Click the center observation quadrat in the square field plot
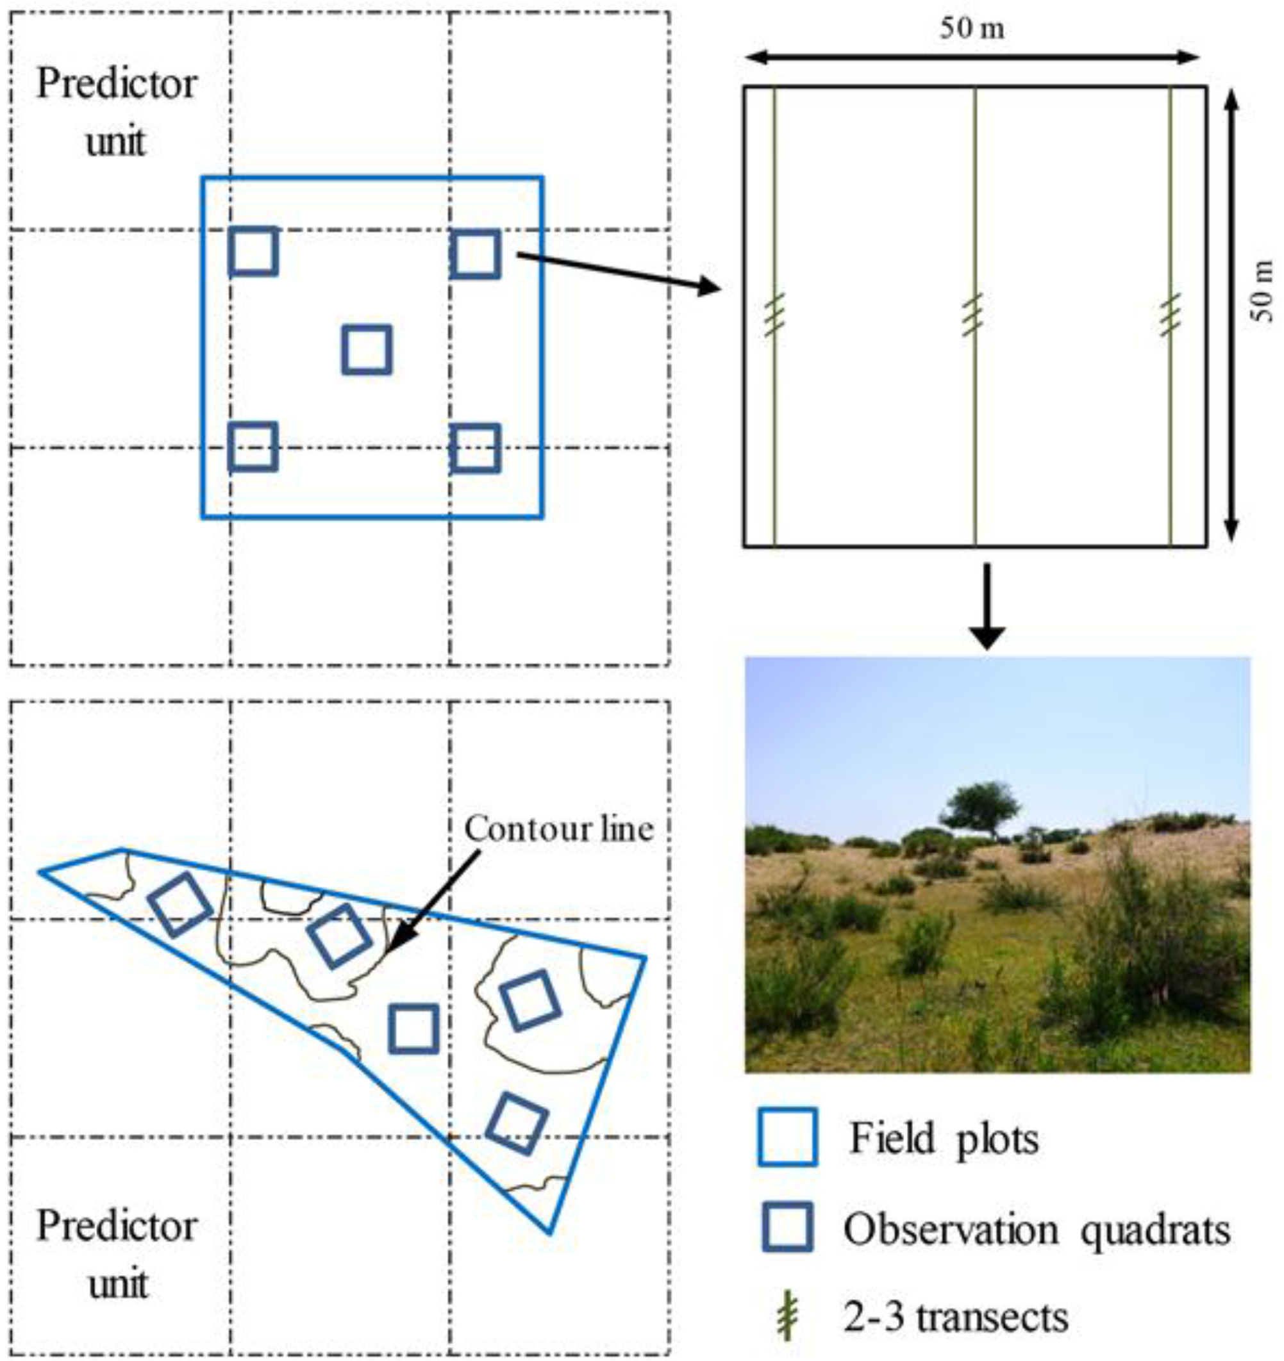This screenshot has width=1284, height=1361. [367, 350]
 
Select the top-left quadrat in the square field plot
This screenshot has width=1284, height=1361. [253, 251]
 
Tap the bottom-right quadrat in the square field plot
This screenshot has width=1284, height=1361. [474, 449]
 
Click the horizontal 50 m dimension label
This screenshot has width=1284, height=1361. [972, 29]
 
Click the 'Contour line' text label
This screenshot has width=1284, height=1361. [559, 829]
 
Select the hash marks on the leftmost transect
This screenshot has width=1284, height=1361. [774, 315]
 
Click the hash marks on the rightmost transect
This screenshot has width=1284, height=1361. [1171, 315]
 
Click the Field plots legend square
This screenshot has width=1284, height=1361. [788, 1137]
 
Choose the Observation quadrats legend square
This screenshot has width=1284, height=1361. [788, 1227]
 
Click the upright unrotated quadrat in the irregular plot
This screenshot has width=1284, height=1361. [413, 1028]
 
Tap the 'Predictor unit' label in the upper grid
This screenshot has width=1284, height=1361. [117, 111]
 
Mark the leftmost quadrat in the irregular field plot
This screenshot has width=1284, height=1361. [180, 904]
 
